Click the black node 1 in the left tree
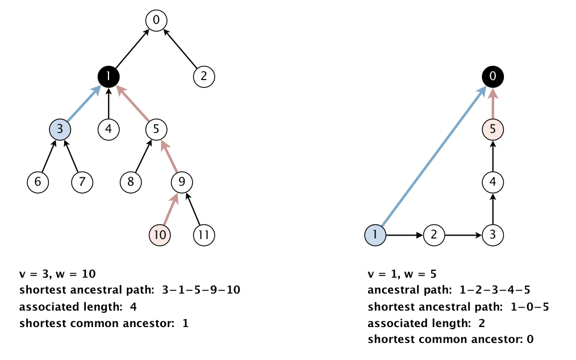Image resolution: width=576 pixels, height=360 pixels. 108,77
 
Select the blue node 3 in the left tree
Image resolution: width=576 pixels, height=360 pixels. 60,129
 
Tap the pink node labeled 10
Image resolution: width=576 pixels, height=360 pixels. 160,235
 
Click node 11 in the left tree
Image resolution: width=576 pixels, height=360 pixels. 204,235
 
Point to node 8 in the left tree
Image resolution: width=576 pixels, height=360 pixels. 131,182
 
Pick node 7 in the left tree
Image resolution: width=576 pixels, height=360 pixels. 82,182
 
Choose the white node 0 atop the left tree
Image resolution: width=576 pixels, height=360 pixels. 156,20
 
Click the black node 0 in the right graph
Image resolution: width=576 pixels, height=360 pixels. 493,77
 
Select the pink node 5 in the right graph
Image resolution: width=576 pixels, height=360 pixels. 493,129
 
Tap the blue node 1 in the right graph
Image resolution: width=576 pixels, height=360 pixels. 375,235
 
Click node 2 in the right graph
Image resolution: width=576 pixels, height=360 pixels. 434,235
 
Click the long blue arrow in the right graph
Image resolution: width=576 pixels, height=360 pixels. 434,156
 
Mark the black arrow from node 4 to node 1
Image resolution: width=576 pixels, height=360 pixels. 108,103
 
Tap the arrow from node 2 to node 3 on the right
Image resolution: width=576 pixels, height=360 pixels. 463,235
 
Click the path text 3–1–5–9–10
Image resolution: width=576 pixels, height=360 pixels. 201,290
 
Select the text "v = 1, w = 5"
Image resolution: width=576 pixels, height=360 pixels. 402,274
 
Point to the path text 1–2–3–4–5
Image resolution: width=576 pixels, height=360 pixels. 495,290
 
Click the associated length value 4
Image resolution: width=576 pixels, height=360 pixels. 133,307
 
